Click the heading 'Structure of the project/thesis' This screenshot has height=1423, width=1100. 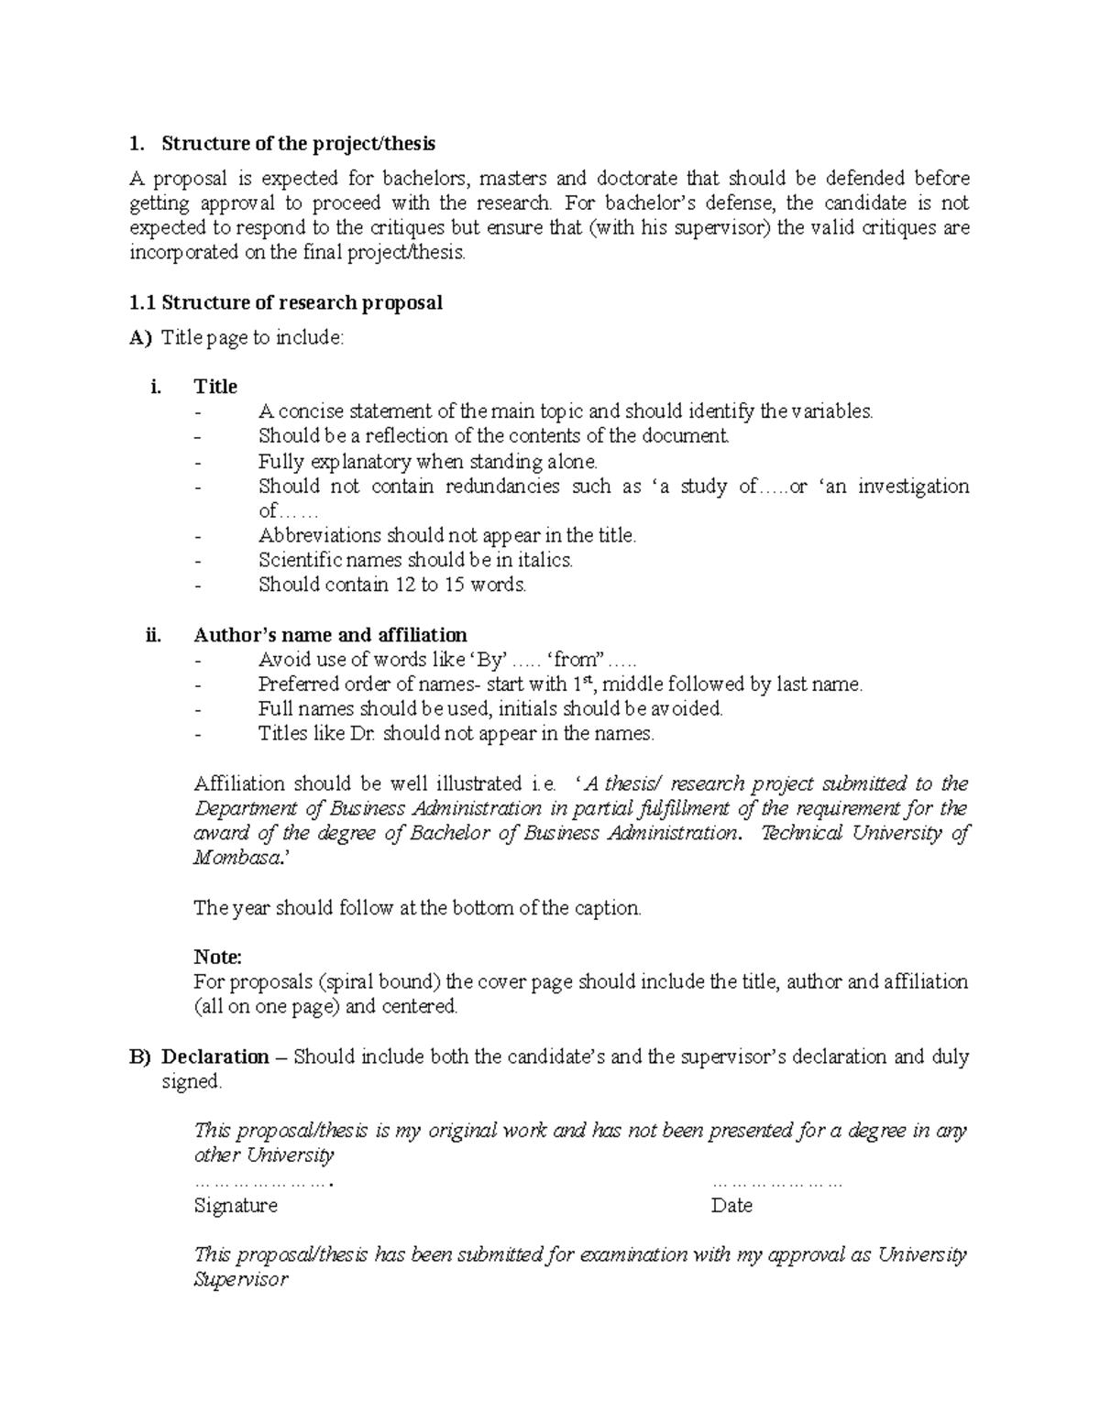298,144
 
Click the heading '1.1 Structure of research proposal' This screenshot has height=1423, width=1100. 286,303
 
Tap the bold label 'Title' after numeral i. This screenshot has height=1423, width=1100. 215,387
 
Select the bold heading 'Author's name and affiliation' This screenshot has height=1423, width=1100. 330,635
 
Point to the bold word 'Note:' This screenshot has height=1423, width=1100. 217,958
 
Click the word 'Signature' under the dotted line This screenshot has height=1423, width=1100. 236,1206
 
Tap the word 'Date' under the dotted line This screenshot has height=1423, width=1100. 731,1206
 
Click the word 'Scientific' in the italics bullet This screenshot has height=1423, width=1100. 300,560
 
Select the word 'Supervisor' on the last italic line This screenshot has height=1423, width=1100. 241,1280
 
